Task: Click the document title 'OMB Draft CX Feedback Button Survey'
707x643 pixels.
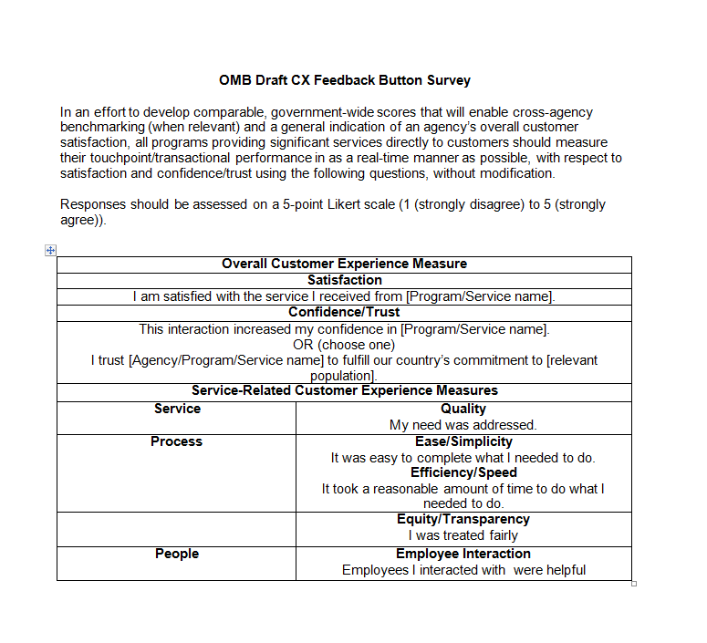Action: coord(344,80)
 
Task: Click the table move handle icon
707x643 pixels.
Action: coord(51,250)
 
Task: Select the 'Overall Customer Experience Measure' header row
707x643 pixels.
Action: coord(344,264)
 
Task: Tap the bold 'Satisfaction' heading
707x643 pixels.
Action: coord(344,280)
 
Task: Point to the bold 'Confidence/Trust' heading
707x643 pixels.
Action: coord(344,312)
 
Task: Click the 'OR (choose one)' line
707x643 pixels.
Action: coord(344,345)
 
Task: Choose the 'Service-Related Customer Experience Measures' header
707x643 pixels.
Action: coord(344,390)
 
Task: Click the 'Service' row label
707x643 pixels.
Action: coord(177,409)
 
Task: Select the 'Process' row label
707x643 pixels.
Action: coord(176,441)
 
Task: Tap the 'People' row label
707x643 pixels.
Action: coord(176,554)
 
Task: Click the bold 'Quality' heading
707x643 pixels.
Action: coord(463,409)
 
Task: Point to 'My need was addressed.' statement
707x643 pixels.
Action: coord(463,425)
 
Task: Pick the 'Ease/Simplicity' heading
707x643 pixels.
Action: coord(463,441)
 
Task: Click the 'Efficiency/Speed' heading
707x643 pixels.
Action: coord(463,472)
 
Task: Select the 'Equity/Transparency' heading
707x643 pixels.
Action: coord(463,519)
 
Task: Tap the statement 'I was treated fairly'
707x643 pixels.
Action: coord(463,535)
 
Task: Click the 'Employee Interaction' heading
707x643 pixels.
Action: coord(463,554)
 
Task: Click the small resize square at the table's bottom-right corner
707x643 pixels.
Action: coord(634,584)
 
